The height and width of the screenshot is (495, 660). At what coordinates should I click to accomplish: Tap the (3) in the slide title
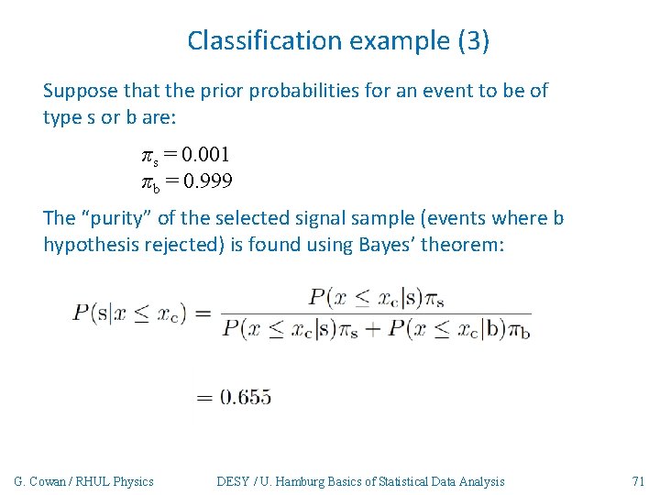(x=473, y=40)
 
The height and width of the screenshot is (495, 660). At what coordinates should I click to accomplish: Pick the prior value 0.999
(x=207, y=181)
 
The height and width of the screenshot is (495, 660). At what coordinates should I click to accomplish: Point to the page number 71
(x=639, y=481)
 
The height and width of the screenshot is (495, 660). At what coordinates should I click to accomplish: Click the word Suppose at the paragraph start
(x=80, y=91)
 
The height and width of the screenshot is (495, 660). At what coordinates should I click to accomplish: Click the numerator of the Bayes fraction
(x=376, y=297)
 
